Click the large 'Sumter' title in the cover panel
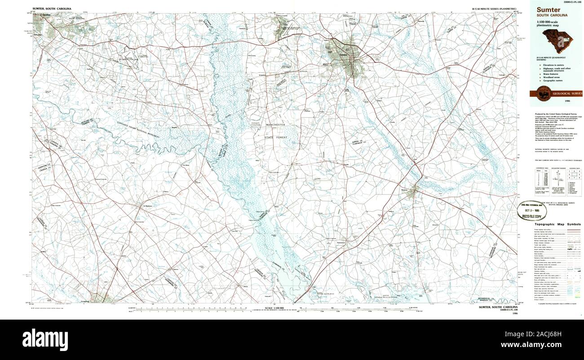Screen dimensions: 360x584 [548, 9]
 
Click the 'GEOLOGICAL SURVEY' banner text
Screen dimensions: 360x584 [567, 93]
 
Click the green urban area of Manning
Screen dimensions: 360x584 [412, 191]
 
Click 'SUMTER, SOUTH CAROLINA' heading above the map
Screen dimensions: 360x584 [52, 9]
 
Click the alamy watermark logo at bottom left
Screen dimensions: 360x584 [45, 338]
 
